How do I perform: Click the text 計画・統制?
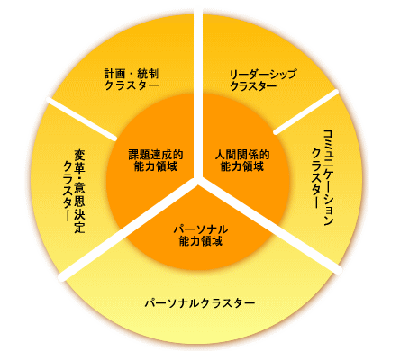tap(132, 74)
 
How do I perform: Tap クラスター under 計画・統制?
tap(132, 85)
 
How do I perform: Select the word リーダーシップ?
tap(263, 74)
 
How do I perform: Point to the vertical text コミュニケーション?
tap(329, 178)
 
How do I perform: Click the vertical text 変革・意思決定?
tap(79, 192)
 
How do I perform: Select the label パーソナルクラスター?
tap(200, 303)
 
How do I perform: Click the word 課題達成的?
tap(156, 155)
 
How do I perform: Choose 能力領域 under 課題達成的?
tap(156, 166)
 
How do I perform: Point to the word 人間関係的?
tap(242, 155)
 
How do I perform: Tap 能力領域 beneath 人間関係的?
tap(242, 166)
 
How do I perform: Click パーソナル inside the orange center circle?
tap(201, 229)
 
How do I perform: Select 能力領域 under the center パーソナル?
tap(201, 241)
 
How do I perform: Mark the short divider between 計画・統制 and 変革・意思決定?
tap(81, 119)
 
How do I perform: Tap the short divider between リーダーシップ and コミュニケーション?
tap(306, 112)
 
